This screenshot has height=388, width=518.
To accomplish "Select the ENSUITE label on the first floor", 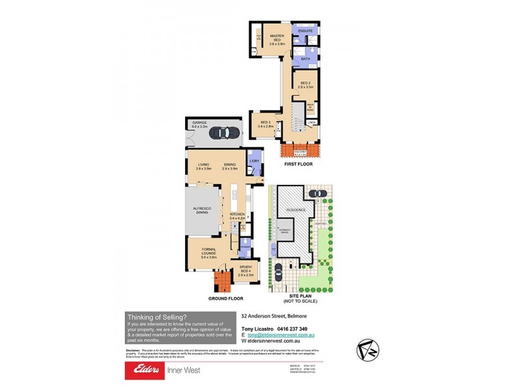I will click(x=304, y=30).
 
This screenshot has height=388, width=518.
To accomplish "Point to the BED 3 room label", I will click(x=265, y=124).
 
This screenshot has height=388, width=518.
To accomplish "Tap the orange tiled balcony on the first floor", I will click(x=298, y=150).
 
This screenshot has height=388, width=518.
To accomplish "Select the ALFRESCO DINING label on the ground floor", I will click(x=205, y=211).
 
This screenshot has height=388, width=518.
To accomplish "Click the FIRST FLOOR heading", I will click(x=298, y=164).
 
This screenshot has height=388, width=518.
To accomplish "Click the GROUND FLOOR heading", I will click(x=226, y=299).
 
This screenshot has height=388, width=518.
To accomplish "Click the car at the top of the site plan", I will click(x=317, y=193).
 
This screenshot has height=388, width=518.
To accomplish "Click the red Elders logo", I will click(x=146, y=370).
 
